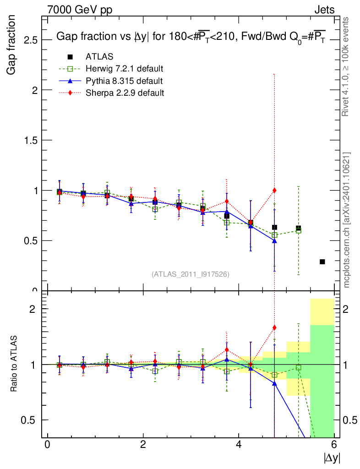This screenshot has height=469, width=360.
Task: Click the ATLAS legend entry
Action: [x=99, y=57]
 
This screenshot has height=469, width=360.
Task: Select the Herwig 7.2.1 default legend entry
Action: [x=124, y=69]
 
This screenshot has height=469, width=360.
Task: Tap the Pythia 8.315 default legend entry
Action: [x=124, y=81]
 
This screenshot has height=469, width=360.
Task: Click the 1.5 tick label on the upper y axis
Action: [x=31, y=140]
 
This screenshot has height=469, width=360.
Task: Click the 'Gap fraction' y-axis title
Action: [x=12, y=44]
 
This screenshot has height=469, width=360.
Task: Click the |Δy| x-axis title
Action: [x=332, y=458]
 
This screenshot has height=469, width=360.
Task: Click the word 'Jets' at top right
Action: [x=324, y=10]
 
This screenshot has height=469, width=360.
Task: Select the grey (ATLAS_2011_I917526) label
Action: [x=191, y=274]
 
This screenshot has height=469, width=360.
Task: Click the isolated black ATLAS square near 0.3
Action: [x=322, y=262]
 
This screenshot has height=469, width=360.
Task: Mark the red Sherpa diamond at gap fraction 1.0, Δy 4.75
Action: [x=274, y=190]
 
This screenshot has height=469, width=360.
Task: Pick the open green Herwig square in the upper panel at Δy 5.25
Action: [x=298, y=231]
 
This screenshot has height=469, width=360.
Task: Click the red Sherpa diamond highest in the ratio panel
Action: [x=274, y=327]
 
